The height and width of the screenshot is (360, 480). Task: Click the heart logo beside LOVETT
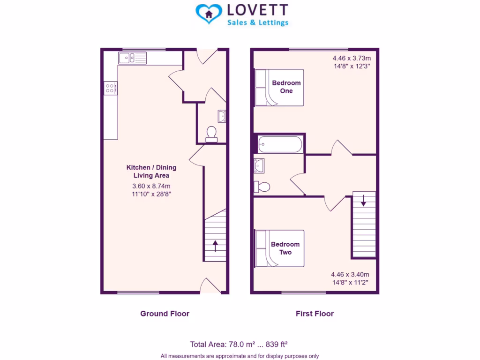coord(208,14)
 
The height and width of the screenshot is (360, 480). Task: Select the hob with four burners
coord(110,88)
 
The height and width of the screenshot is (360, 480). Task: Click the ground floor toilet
coord(211,133)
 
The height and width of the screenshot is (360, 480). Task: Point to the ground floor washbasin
coord(222,116)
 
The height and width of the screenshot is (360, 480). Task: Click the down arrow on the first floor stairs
coord(363,201)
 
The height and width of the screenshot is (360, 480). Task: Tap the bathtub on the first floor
coord(279,144)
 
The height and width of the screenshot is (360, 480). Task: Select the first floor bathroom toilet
coord(262,187)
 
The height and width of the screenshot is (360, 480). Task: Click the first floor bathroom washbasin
coord(259,165)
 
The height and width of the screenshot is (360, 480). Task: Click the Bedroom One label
coord(286,87)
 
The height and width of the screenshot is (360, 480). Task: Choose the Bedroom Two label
coord(285,248)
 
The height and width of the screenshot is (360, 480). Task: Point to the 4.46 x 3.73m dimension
coord(352,58)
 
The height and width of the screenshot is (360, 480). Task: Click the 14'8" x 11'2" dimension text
coord(350,282)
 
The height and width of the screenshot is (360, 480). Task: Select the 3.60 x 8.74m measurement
coord(151,186)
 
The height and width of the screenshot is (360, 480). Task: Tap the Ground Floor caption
coord(165,314)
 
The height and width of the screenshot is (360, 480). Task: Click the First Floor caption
coord(315,314)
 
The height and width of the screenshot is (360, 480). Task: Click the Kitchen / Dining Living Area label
coord(151,171)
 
